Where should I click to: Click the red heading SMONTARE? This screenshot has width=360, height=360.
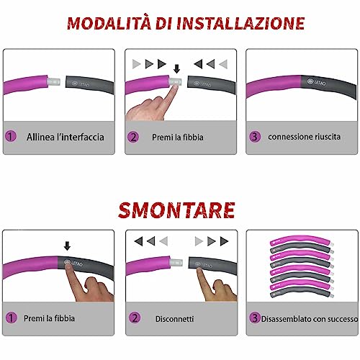(179, 210)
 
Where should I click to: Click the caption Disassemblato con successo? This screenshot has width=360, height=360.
(303, 317)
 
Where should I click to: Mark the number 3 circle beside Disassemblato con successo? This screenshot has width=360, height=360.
(254, 317)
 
